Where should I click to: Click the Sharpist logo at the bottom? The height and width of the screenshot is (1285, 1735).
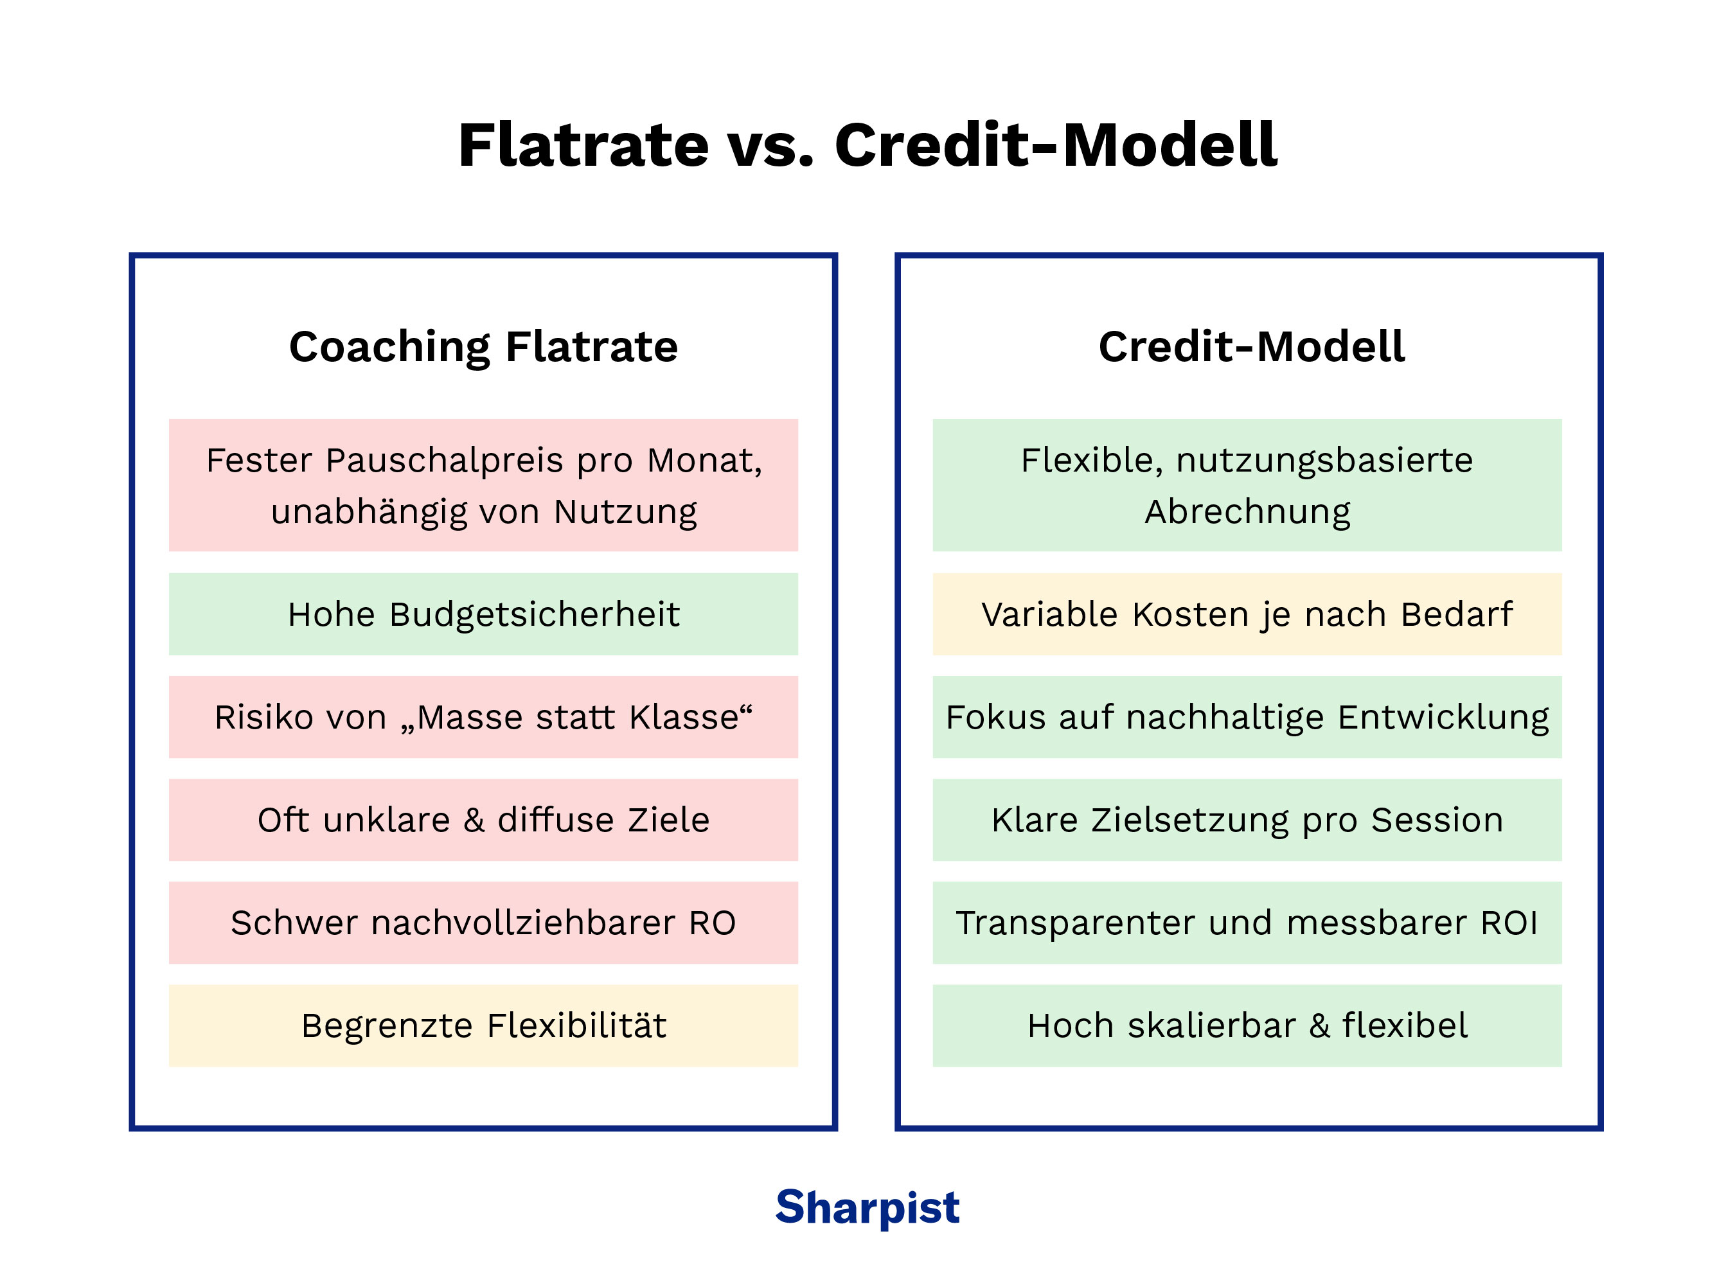point(867,1207)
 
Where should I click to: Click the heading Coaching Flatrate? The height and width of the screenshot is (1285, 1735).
point(483,346)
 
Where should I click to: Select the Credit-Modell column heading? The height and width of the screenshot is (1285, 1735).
point(1251,346)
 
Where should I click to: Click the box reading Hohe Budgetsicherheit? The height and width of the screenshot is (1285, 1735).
point(483,614)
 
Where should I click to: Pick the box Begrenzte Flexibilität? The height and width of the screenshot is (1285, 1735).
point(483,1025)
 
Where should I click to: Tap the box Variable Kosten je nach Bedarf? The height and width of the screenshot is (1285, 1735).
point(1247,614)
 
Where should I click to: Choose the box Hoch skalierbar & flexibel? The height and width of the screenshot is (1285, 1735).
point(1247,1025)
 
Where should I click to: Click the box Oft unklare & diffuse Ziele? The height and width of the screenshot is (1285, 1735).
point(483,820)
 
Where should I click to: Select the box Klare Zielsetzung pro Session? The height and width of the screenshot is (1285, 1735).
point(1247,820)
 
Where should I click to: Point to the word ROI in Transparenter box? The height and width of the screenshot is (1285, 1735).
point(1509,923)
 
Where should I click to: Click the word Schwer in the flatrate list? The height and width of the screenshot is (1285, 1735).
point(294,923)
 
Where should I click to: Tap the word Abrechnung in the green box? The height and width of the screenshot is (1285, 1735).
point(1247,512)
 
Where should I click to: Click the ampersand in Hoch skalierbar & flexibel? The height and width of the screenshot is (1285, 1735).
point(1319,1025)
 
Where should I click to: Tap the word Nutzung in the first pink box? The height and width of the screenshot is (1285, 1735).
point(625,512)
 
